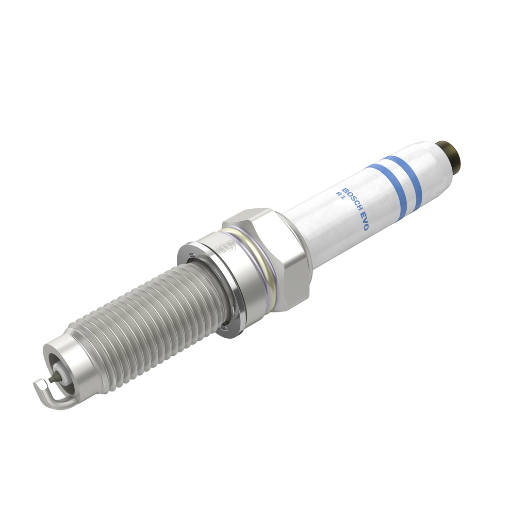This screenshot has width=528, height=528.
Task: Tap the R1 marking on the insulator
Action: click(x=340, y=195)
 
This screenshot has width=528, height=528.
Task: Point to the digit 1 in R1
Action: click(x=342, y=198)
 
